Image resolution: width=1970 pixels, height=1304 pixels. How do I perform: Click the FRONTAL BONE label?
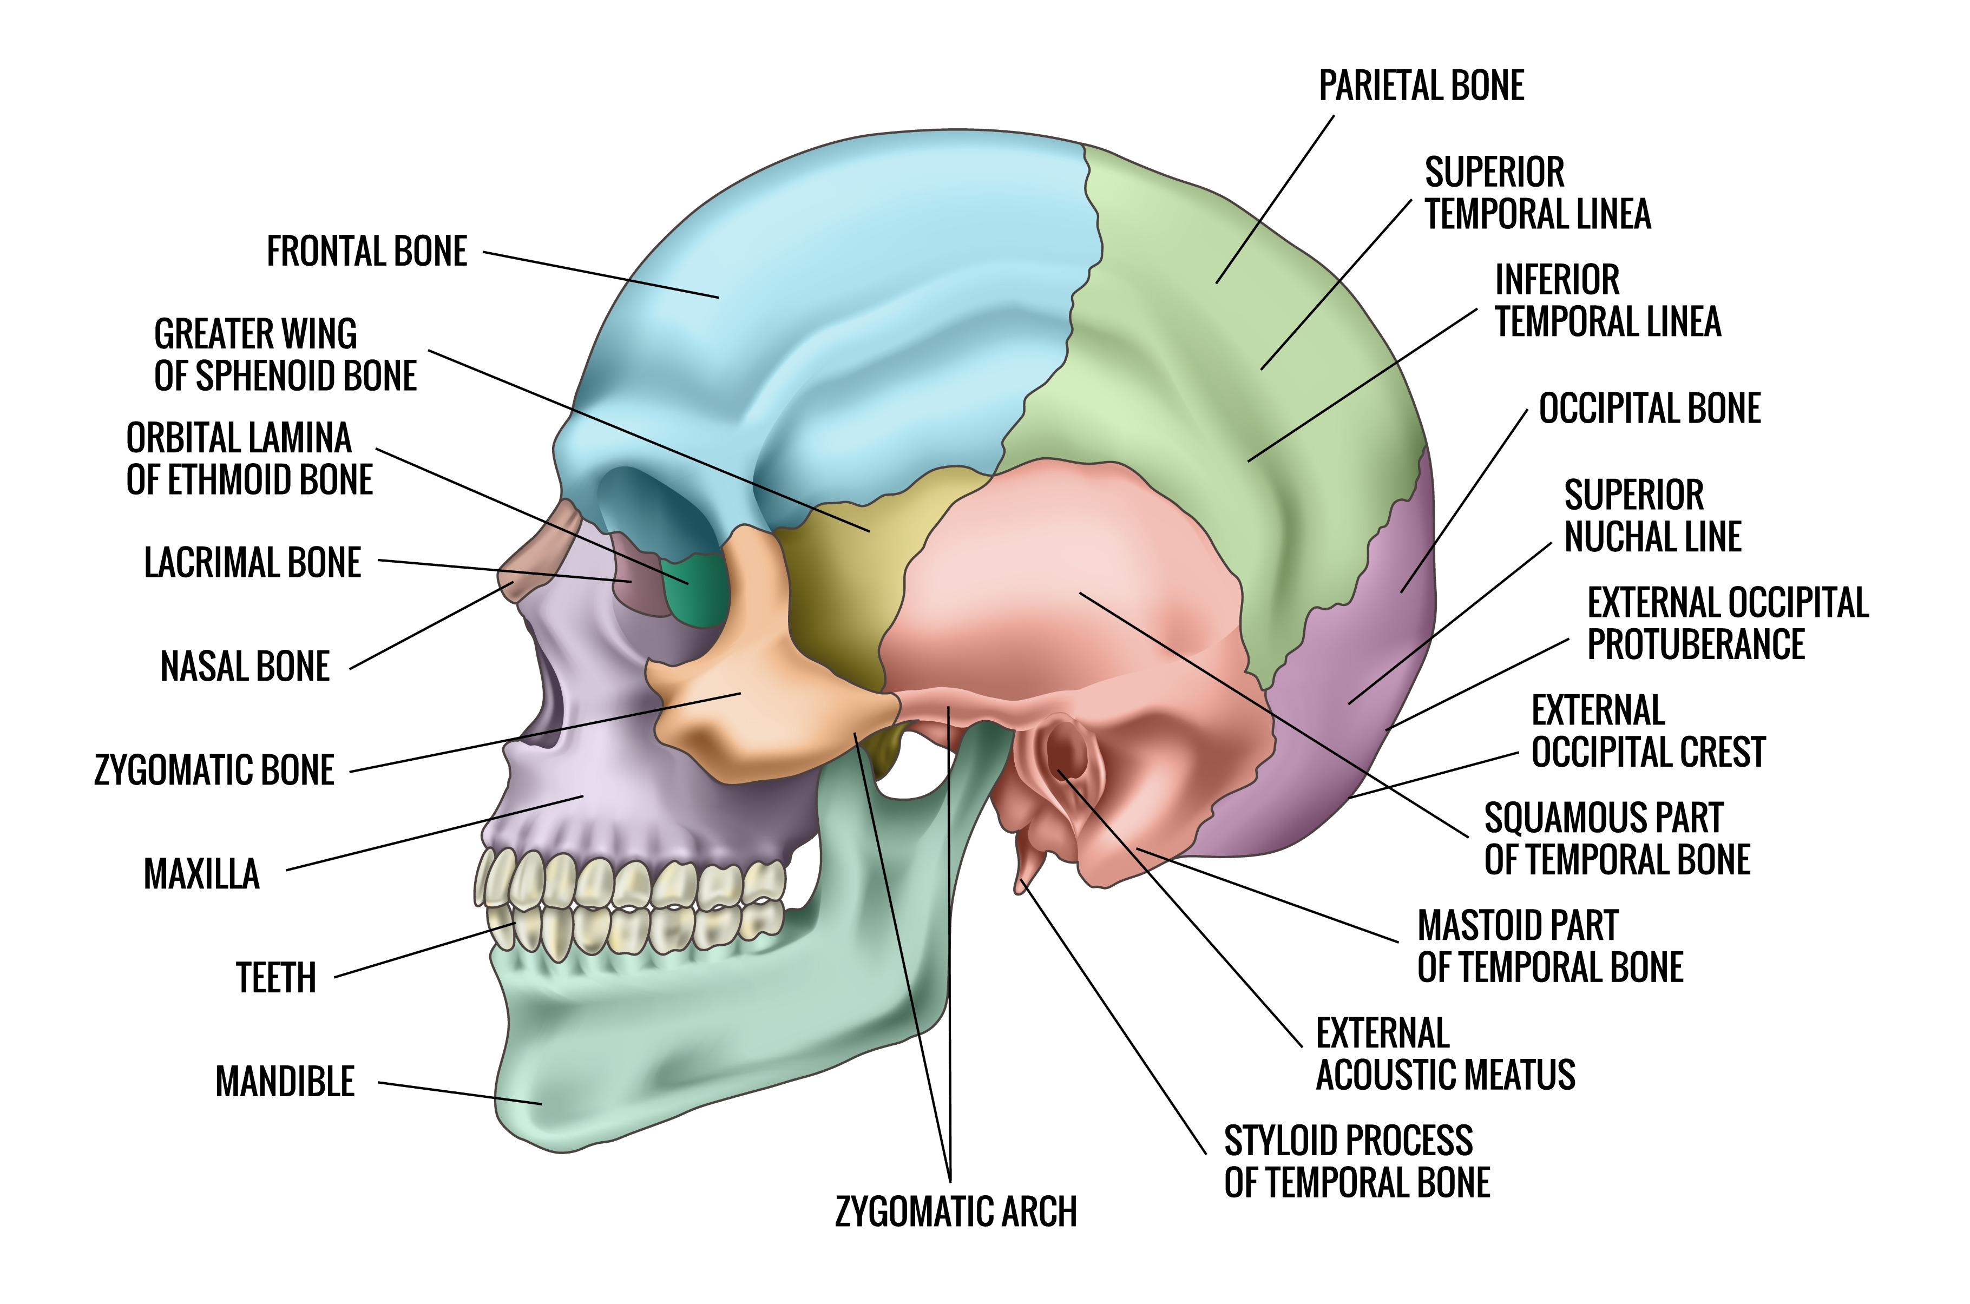(x=367, y=251)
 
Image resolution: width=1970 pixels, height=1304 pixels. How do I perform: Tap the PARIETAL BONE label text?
(x=1421, y=85)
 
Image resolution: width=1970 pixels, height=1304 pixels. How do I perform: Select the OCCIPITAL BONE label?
(x=1649, y=409)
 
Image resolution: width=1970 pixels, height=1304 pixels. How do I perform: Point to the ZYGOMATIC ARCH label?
(x=955, y=1211)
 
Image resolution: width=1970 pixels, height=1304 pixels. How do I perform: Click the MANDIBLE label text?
(x=284, y=1082)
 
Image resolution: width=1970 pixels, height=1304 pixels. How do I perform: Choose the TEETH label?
(x=276, y=978)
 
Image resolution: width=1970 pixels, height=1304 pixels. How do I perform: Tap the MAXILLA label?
(x=201, y=874)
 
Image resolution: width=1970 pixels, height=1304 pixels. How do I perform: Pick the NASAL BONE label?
(x=245, y=666)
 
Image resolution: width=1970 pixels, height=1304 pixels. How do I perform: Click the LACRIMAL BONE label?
(x=252, y=563)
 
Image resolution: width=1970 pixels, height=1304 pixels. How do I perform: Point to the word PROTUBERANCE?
(x=1696, y=644)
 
